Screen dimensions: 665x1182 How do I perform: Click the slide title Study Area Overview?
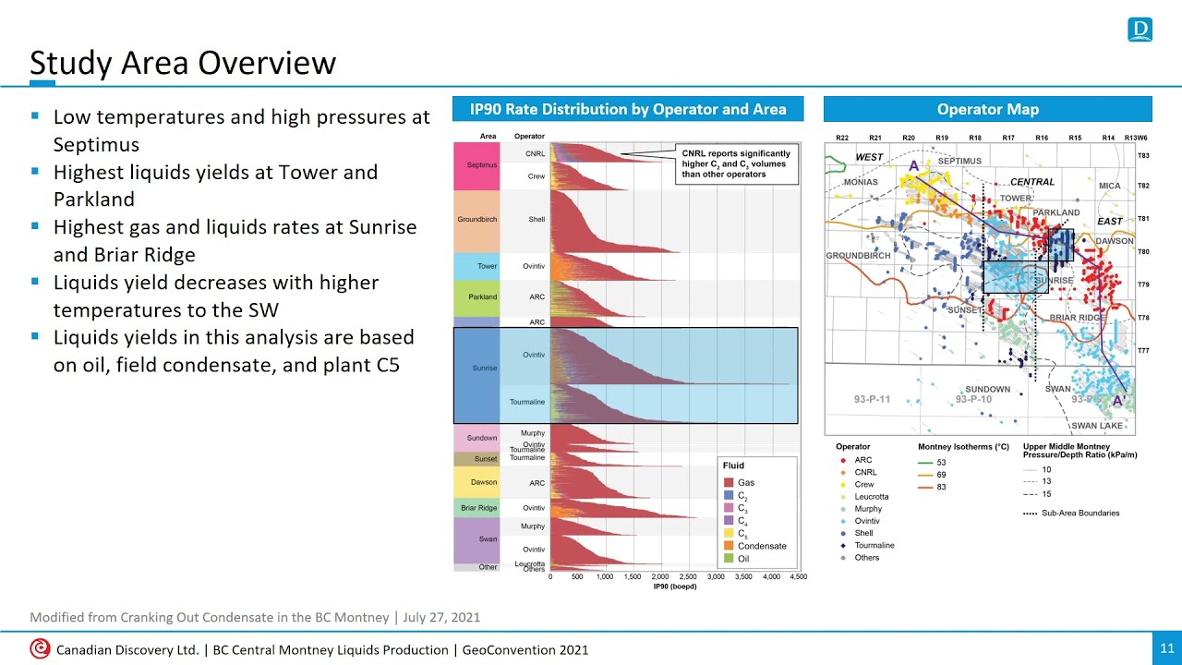point(183,63)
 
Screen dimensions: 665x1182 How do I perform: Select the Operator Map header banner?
point(987,109)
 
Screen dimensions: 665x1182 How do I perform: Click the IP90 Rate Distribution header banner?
point(628,109)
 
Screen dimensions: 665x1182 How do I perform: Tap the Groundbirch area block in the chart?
point(476,220)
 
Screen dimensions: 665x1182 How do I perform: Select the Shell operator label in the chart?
point(536,220)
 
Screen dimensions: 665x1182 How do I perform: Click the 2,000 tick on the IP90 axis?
point(660,576)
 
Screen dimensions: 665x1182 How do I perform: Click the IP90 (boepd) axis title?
point(674,586)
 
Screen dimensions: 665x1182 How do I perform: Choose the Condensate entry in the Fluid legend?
point(762,546)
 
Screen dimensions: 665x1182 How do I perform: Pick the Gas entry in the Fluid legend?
point(745,483)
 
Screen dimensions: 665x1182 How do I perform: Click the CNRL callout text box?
point(735,163)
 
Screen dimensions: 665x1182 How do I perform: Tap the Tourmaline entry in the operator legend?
point(874,545)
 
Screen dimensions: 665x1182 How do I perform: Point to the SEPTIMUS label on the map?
point(959,161)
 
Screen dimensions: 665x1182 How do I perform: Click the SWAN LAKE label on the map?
point(1097,426)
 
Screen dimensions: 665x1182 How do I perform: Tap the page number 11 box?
point(1164,649)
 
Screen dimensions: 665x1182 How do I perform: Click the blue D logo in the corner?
point(1140,30)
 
